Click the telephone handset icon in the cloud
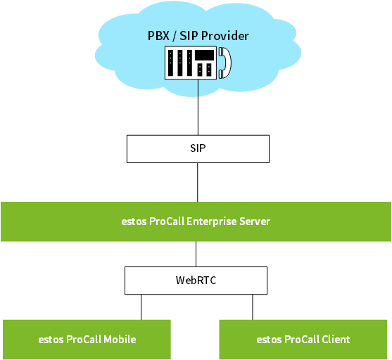click(225, 63)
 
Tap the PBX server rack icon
click(191, 63)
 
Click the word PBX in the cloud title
click(158, 36)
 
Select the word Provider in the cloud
click(225, 36)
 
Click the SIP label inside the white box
click(198, 148)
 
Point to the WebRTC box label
click(196, 281)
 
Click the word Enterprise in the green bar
click(212, 221)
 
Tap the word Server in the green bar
click(255, 221)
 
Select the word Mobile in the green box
click(120, 340)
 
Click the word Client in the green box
click(336, 340)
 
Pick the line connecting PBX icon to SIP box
click(198, 108)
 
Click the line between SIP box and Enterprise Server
click(198, 182)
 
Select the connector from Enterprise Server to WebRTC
click(196, 254)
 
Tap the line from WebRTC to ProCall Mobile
click(141, 307)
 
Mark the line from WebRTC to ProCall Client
click(253, 307)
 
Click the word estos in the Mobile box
click(51, 340)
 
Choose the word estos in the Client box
click(269, 340)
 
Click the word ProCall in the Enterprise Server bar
click(167, 221)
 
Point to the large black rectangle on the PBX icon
click(205, 56)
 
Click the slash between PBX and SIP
click(175, 36)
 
